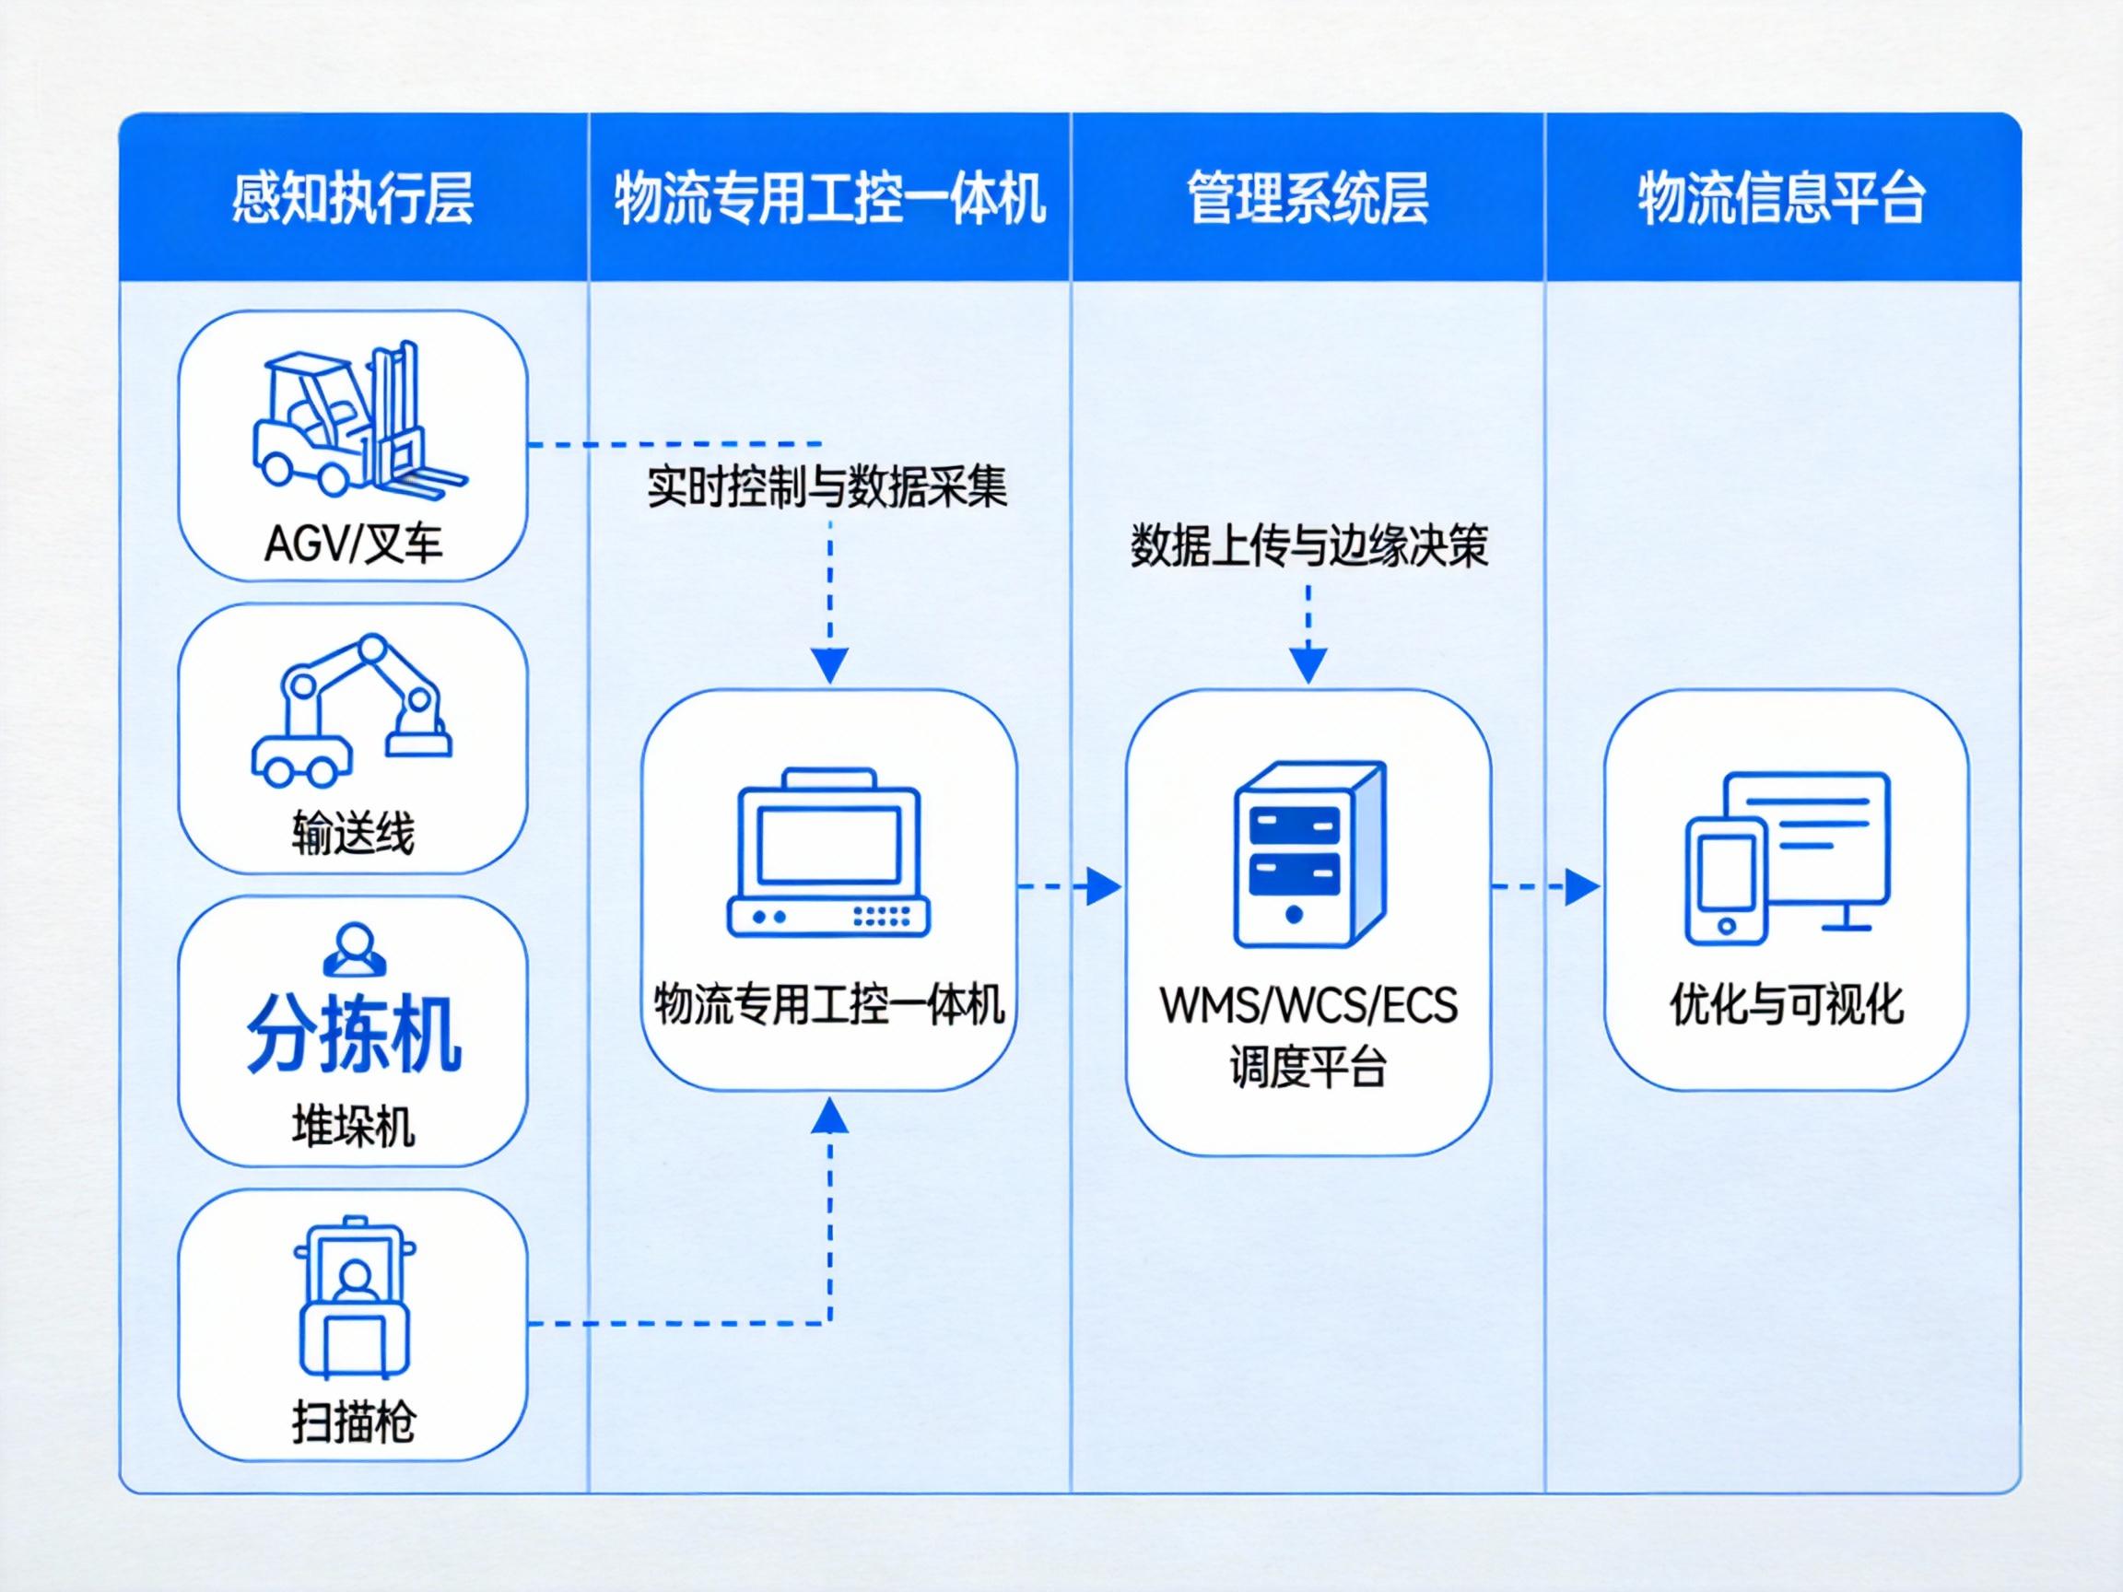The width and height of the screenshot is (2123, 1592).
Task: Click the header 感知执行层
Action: (x=352, y=199)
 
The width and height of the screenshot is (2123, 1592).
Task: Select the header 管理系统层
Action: (x=1308, y=199)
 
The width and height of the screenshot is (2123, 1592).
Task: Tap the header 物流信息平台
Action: (x=1781, y=199)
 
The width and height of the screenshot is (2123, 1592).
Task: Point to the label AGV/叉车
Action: (x=353, y=544)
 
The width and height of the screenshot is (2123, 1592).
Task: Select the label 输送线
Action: (x=353, y=833)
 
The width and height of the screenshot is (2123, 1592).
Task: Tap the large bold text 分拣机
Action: (x=353, y=1033)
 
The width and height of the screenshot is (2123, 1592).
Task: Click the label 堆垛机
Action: (x=353, y=1126)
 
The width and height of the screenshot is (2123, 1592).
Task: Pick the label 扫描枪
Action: (x=353, y=1422)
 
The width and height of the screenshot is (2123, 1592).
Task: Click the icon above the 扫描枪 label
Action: (x=353, y=1297)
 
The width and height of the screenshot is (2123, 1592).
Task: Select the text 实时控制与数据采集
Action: (x=827, y=487)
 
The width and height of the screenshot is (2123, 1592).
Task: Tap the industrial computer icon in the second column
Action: (x=828, y=852)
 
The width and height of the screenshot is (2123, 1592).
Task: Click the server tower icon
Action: (x=1308, y=854)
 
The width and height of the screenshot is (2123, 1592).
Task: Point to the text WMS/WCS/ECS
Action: (x=1308, y=1006)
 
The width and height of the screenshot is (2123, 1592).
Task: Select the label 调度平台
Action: (x=1308, y=1066)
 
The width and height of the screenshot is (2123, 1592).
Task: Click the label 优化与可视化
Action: (x=1786, y=1006)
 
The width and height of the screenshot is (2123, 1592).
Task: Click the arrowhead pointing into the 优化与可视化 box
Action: (x=1581, y=886)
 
